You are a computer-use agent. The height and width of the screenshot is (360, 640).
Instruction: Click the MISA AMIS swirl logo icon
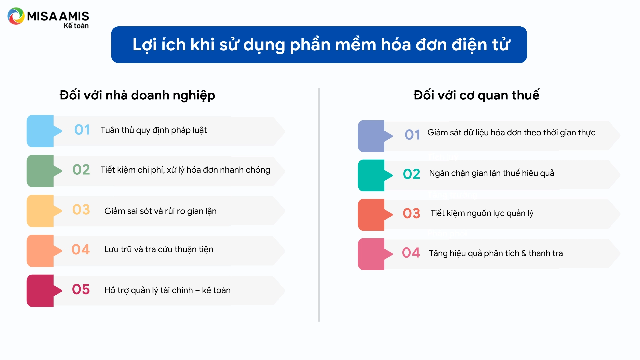16,16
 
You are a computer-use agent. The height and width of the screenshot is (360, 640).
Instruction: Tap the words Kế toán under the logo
76,26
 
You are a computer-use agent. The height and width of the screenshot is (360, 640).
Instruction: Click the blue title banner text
321,45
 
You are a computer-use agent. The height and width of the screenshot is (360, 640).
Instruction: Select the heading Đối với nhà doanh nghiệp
137,95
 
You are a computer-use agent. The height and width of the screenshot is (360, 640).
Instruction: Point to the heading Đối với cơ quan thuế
476,95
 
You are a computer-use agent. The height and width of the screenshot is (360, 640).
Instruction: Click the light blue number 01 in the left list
82,130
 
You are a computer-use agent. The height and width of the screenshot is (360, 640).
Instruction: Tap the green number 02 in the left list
81,170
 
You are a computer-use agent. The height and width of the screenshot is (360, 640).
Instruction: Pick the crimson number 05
81,289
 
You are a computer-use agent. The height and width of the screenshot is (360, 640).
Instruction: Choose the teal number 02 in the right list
411,174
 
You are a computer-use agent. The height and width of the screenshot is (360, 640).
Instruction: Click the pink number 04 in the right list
411,253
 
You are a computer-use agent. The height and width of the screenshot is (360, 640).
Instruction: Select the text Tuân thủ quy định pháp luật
154,130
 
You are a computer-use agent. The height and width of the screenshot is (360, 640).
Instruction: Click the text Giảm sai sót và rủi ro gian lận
160,211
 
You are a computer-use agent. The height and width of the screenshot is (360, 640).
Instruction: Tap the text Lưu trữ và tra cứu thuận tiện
159,249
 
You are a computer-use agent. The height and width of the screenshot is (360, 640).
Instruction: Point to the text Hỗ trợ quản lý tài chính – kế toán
167,290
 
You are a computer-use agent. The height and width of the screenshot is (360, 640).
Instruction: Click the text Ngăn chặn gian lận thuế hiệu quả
491,173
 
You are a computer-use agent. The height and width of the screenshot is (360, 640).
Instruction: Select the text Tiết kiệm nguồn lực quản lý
482,213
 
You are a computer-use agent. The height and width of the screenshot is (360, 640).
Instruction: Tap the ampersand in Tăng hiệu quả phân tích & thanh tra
524,253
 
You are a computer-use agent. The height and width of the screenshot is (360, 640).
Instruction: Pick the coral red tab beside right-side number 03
371,215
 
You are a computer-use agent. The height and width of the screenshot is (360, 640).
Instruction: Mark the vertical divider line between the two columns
319,205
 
